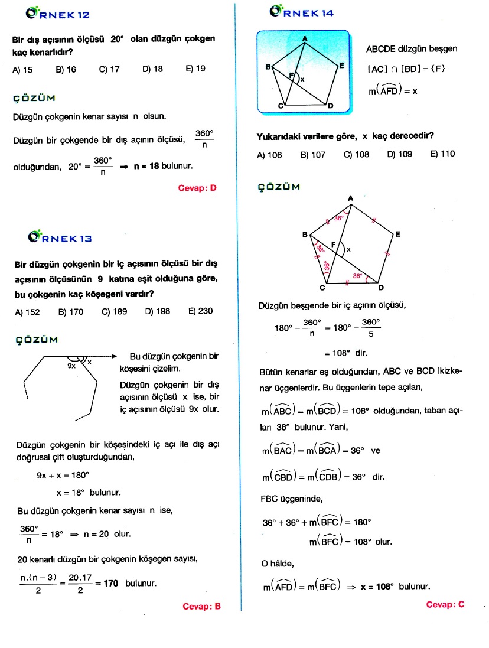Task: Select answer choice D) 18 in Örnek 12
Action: pyautogui.click(x=152, y=69)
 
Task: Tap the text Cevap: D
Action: pyautogui.click(x=197, y=188)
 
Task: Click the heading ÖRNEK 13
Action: pyautogui.click(x=60, y=238)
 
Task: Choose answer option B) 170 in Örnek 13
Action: pyautogui.click(x=71, y=311)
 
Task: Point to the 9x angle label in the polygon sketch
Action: pyautogui.click(x=71, y=366)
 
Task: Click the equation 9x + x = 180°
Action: pyautogui.click(x=63, y=475)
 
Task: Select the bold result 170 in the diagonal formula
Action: pyautogui.click(x=110, y=584)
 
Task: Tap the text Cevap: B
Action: pyautogui.click(x=201, y=606)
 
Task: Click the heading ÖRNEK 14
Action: pyautogui.click(x=302, y=12)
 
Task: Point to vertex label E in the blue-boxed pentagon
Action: pyautogui.click(x=341, y=66)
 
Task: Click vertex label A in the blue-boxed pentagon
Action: pyautogui.click(x=305, y=39)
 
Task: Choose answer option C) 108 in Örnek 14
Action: pyautogui.click(x=356, y=155)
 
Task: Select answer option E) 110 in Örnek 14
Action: pyautogui.click(x=443, y=155)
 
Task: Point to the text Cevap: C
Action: pyautogui.click(x=445, y=604)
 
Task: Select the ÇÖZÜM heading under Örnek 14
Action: pyautogui.click(x=279, y=187)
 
